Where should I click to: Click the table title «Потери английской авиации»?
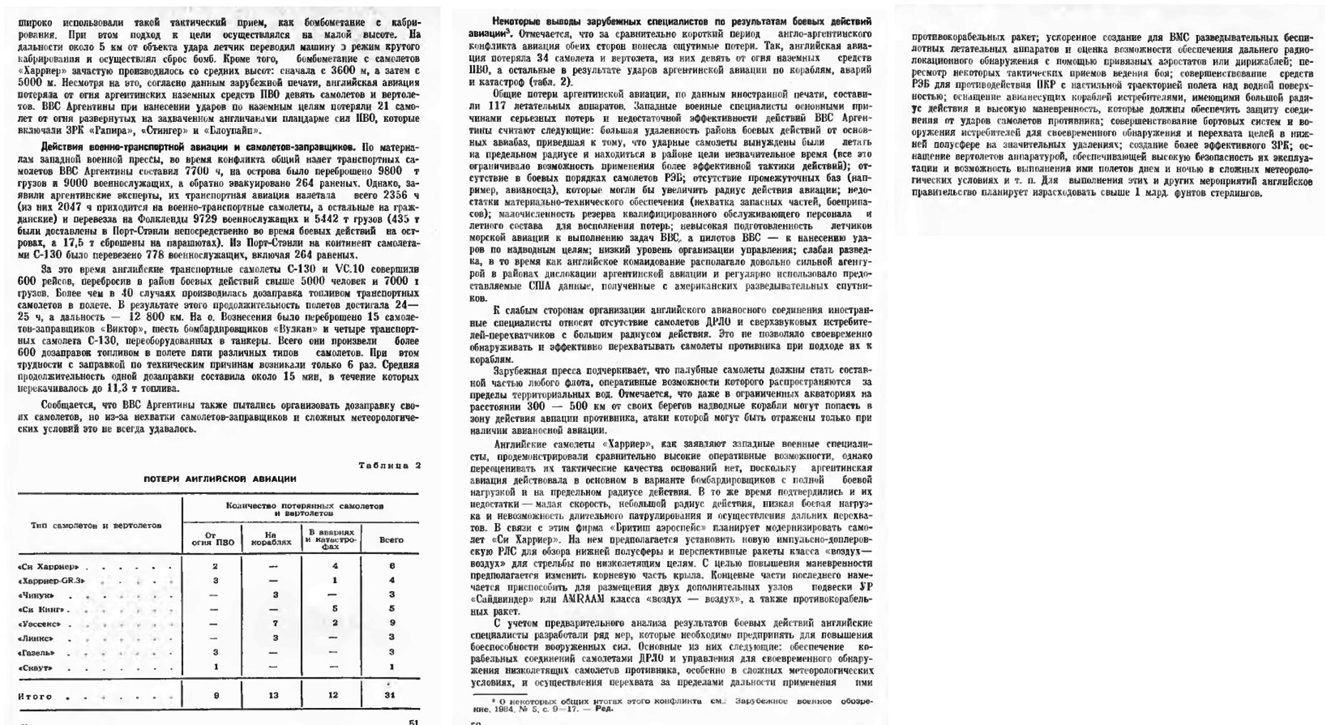220,479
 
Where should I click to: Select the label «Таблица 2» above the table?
389,466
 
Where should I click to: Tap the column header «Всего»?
391,540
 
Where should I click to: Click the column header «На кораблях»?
272,540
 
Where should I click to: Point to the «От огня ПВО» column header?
213,540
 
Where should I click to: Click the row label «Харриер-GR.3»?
51,581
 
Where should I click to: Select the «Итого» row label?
35,696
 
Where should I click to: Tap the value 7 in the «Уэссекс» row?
275,624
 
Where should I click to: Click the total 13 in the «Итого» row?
274,696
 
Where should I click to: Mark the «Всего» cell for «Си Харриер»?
391,567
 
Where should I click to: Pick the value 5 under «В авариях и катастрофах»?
335,610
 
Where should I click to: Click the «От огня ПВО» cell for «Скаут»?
215,667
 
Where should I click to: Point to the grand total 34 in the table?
389,696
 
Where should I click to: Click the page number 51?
413,721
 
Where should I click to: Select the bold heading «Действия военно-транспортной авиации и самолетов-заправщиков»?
199,148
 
